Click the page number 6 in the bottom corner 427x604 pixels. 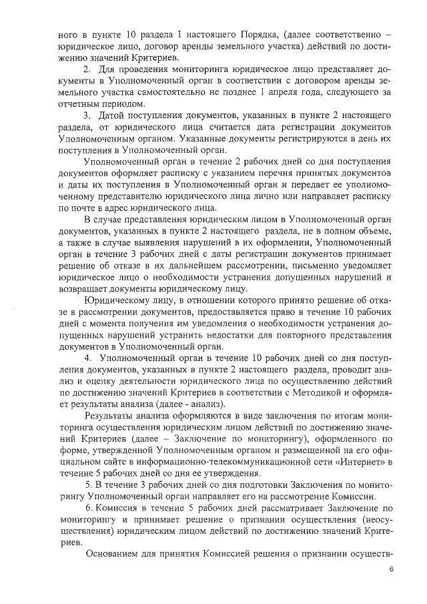[x=392, y=569]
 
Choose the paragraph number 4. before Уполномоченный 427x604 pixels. [x=87, y=358]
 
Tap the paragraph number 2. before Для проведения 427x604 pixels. [x=87, y=69]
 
